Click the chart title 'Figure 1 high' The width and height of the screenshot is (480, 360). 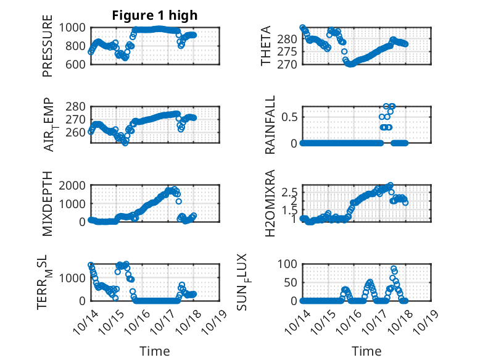pyautogui.click(x=154, y=15)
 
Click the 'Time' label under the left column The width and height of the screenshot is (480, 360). pyautogui.click(x=154, y=351)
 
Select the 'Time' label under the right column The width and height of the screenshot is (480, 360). pyautogui.click(x=366, y=351)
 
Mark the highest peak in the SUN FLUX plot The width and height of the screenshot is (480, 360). pyautogui.click(x=394, y=269)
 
